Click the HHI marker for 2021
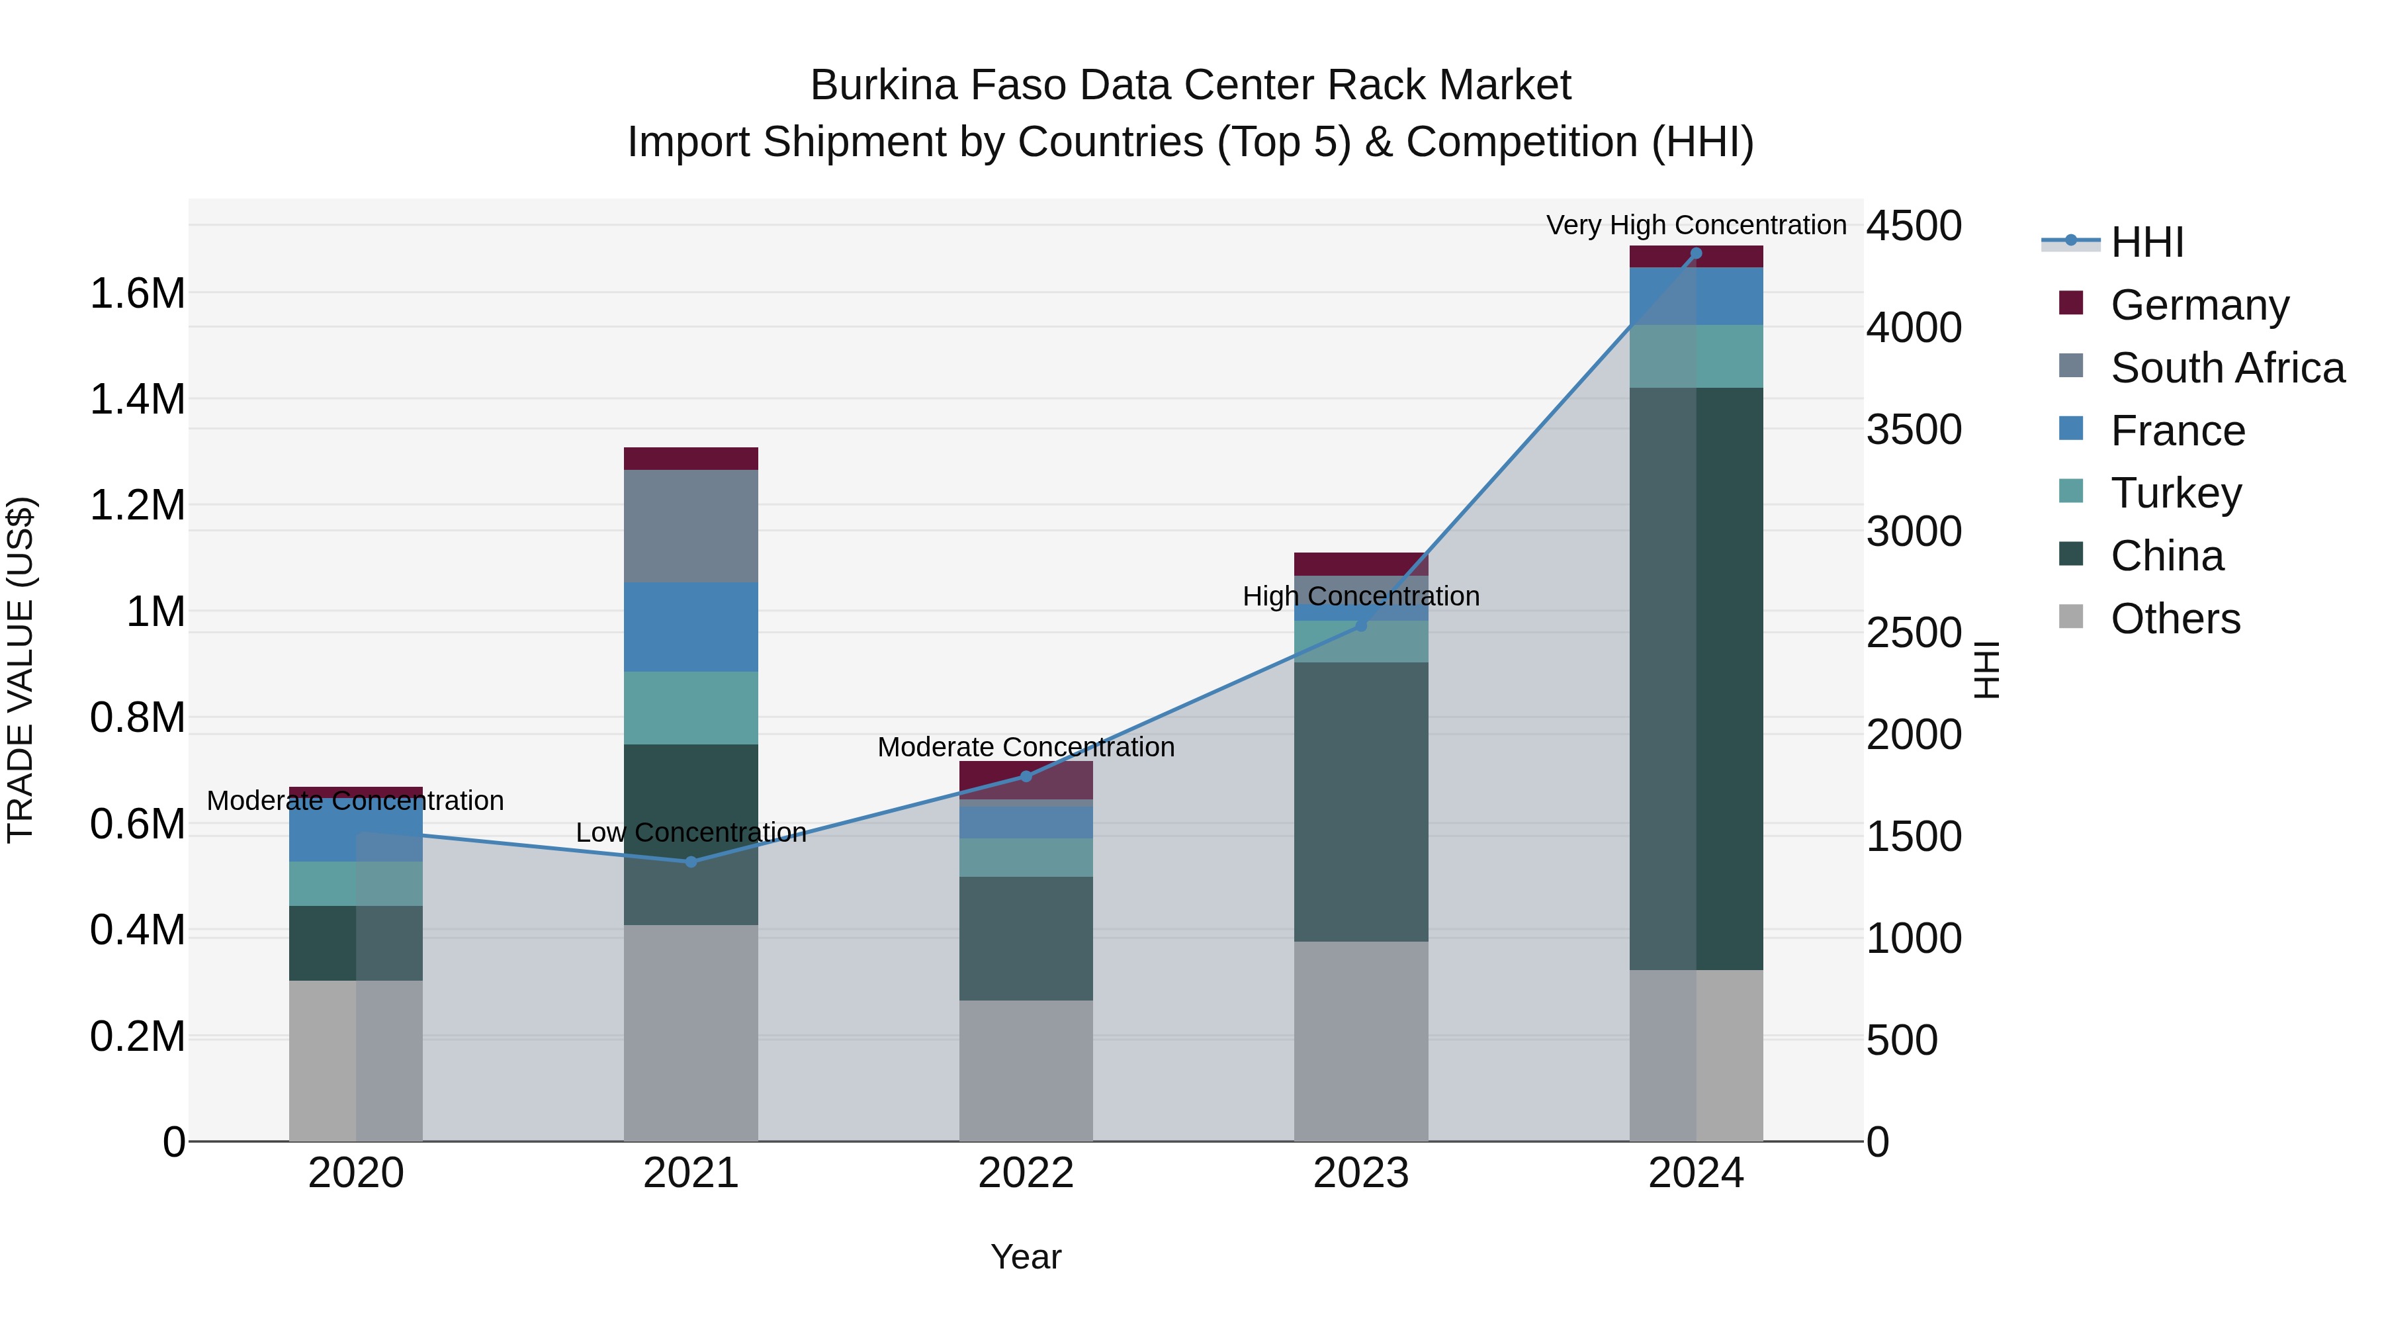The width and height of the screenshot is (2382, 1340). (x=691, y=862)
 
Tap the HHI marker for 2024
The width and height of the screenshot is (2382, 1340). (x=1696, y=253)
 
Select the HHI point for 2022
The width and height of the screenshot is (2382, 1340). (x=1026, y=777)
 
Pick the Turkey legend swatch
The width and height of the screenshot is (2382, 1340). (x=2071, y=492)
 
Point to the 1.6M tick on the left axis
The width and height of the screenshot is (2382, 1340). (x=137, y=294)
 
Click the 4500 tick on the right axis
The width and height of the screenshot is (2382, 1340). (x=1913, y=226)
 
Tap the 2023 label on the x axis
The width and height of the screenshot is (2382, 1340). (x=1360, y=1173)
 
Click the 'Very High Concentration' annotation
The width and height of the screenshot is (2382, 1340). (x=1696, y=226)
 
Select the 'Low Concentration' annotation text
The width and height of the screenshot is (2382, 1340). (x=691, y=833)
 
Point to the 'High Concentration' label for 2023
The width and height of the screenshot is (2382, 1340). (x=1360, y=596)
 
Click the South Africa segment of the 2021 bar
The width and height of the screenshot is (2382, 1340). (x=691, y=525)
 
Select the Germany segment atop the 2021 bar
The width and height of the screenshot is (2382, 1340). (x=691, y=459)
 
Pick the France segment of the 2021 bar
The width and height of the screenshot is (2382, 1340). (x=691, y=627)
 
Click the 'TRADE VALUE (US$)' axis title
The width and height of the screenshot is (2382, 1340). (x=21, y=670)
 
